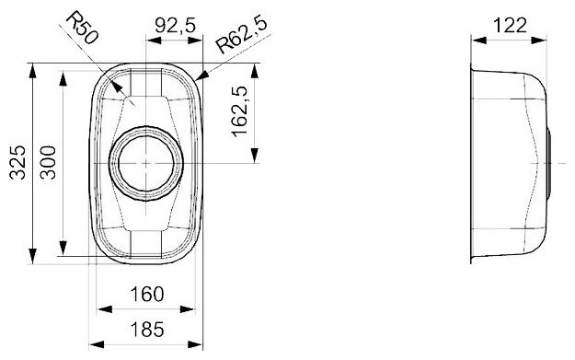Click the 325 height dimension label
click(x=17, y=163)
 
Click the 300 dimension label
click(x=48, y=163)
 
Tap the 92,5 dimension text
click(x=176, y=26)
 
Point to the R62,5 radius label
click(x=241, y=34)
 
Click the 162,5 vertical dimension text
click(x=240, y=111)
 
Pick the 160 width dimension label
click(x=147, y=294)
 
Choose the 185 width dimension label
click(x=147, y=330)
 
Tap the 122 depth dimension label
click(x=510, y=26)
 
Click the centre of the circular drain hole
click(x=146, y=163)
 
